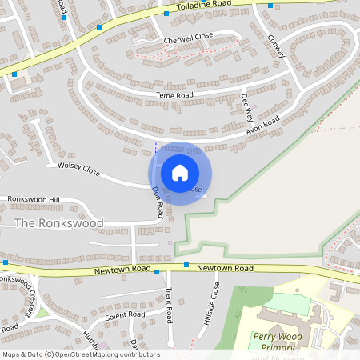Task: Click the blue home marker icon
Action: click(x=180, y=173)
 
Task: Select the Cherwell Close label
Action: click(x=188, y=38)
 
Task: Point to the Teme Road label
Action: click(x=174, y=95)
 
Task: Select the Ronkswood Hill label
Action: click(x=34, y=198)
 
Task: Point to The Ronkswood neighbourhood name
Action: click(x=59, y=223)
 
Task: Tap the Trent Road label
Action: click(x=170, y=306)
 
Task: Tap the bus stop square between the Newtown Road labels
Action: click(x=186, y=265)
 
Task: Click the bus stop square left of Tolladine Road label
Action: click(x=166, y=13)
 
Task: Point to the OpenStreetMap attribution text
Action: click(x=81, y=354)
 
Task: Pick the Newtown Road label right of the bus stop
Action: click(x=225, y=268)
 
